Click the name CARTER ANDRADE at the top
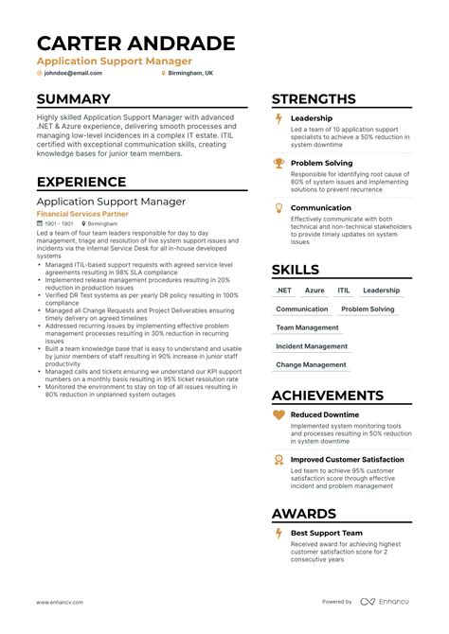pos(135,43)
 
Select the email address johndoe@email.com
pos(72,73)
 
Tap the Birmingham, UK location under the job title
pos(190,73)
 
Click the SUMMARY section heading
pos(74,99)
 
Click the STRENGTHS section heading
pos(314,99)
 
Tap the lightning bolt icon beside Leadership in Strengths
pos(278,119)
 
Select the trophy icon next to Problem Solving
pos(278,164)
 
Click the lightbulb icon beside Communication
pos(278,208)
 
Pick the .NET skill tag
pos(283,291)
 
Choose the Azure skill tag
pos(314,291)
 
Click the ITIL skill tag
pos(343,291)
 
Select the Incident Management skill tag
pos(311,346)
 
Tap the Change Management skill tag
pos(310,364)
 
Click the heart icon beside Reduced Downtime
pos(278,415)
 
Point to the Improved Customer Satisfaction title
pos(347,460)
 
